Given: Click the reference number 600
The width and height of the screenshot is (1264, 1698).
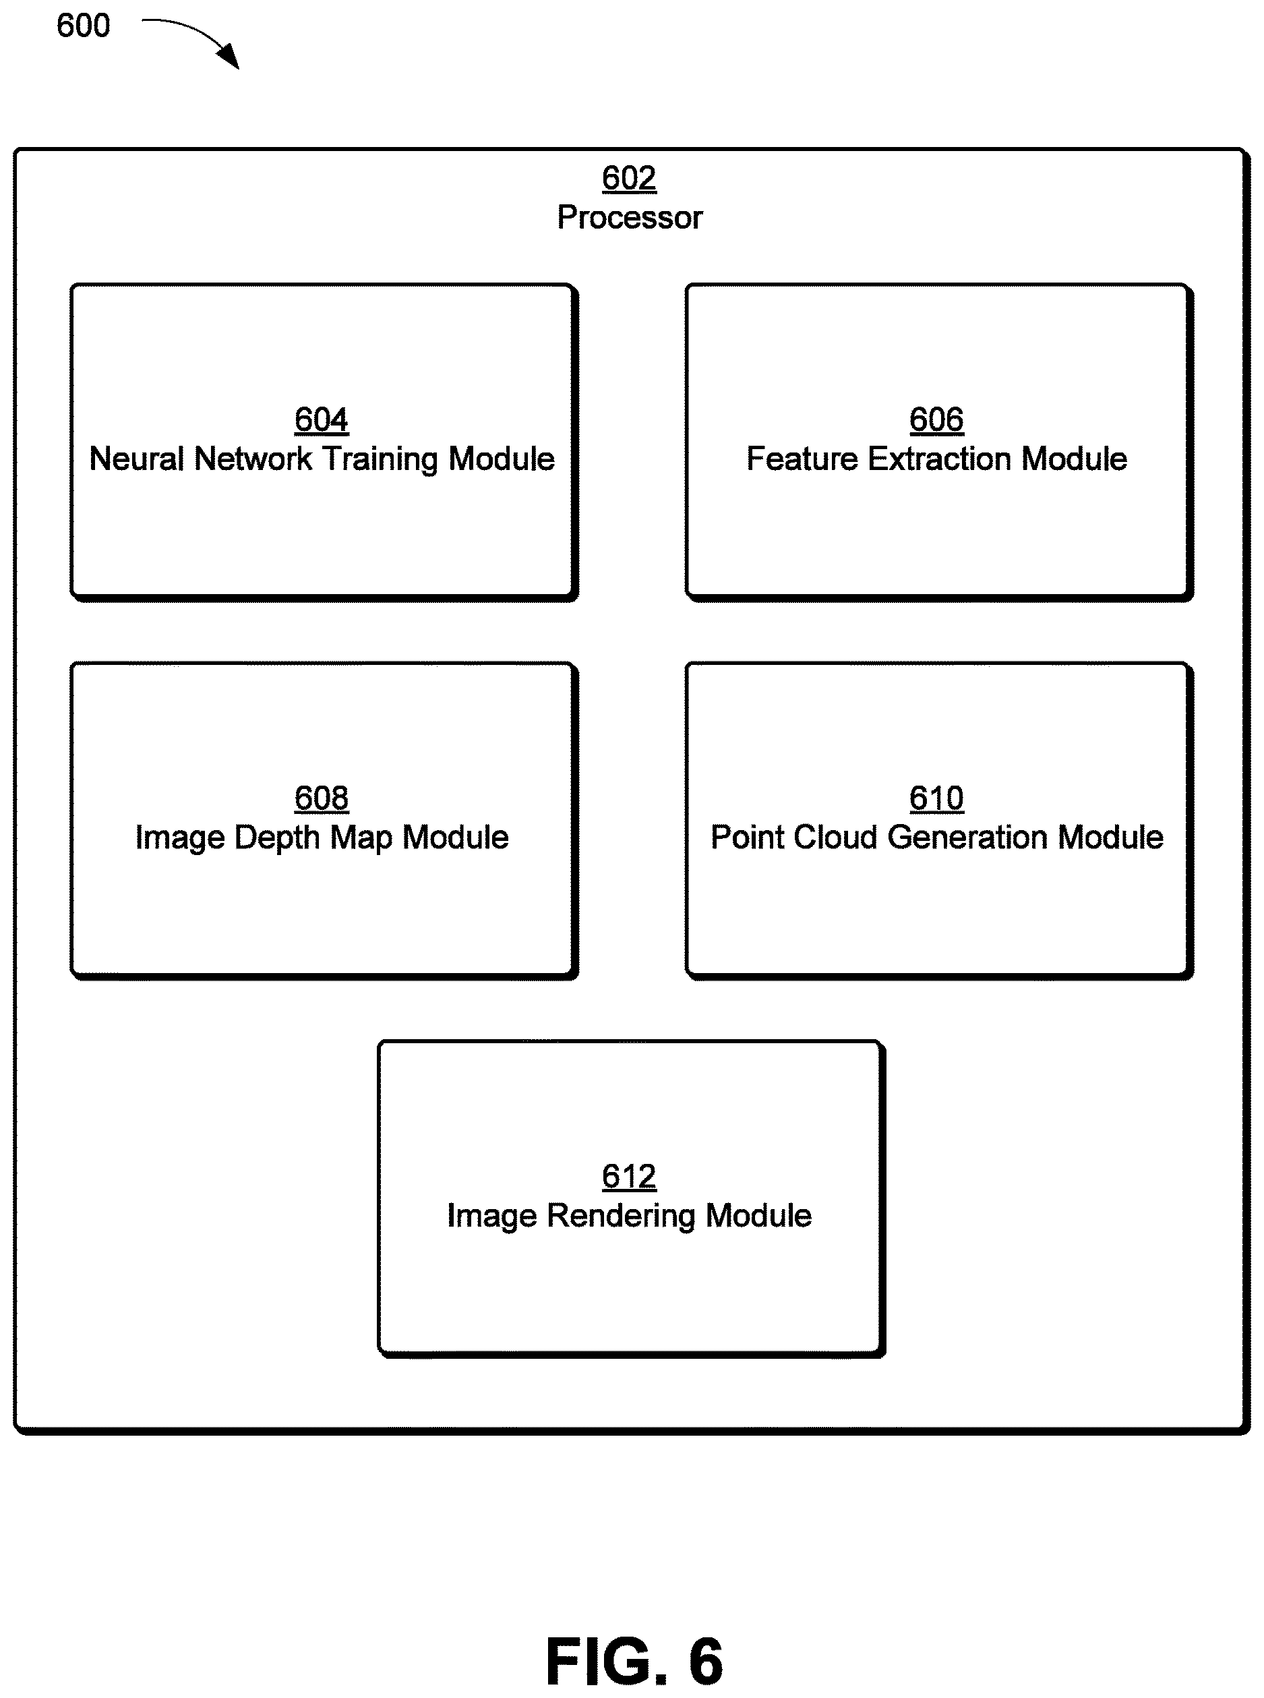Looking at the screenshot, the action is [84, 26].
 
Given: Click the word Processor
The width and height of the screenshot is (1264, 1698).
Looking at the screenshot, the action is [629, 217].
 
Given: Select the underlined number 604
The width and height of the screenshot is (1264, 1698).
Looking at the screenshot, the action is [322, 420].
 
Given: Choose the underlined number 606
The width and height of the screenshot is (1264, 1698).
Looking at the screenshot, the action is [936, 420].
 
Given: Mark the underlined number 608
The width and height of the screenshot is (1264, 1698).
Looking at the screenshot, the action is [322, 799].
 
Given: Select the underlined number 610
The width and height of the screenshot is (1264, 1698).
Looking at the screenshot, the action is [936, 799].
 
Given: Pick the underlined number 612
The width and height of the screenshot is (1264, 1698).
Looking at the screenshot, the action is [629, 1177].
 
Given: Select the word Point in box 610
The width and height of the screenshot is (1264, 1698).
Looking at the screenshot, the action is [748, 837].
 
